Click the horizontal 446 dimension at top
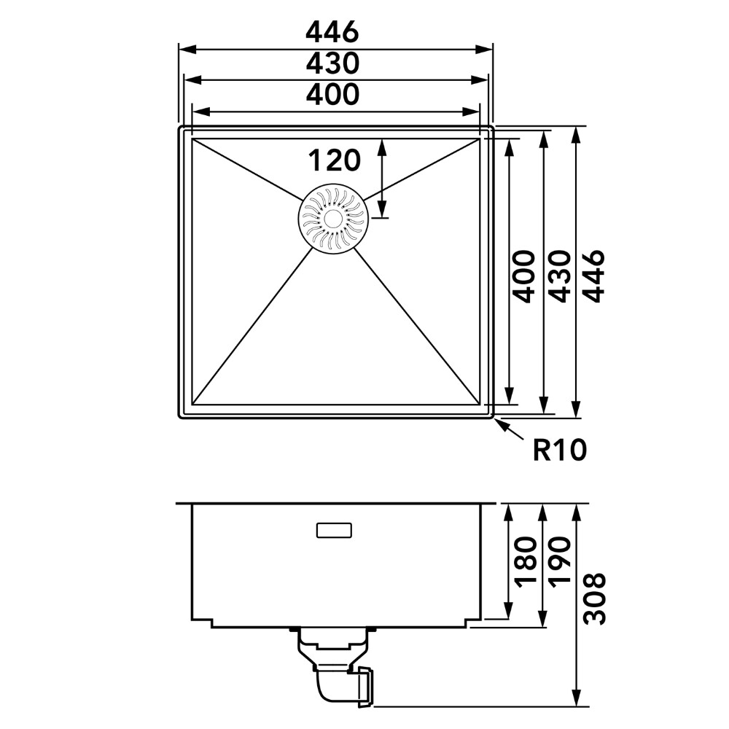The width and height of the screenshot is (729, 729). pyautogui.click(x=332, y=32)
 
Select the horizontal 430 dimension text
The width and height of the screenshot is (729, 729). pyautogui.click(x=332, y=63)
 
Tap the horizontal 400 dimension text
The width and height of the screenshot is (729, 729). pyautogui.click(x=332, y=94)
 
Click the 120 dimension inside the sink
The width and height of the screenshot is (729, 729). pyautogui.click(x=335, y=160)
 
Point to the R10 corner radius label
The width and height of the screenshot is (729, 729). pyautogui.click(x=560, y=450)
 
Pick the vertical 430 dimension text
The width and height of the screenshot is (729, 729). pyautogui.click(x=558, y=276)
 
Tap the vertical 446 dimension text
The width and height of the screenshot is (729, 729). pyautogui.click(x=593, y=276)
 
